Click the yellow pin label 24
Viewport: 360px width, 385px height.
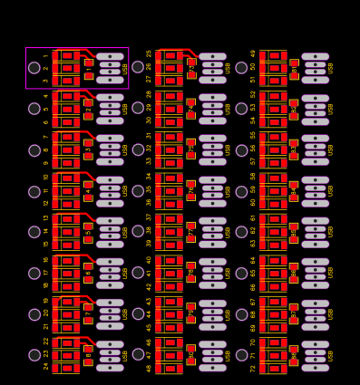tap(46, 366)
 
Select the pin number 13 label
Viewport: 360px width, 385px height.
tap(46, 217)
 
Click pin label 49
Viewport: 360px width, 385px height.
tap(254, 53)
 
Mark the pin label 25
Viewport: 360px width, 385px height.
tap(150, 53)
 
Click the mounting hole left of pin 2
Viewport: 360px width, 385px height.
tap(34, 68)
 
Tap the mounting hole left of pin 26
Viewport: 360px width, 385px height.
tap(138, 67)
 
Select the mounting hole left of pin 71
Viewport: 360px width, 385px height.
tap(241, 355)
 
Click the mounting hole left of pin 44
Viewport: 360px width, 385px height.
tap(138, 314)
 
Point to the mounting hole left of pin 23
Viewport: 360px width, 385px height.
tap(34, 355)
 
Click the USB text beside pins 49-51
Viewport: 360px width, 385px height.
tap(331, 68)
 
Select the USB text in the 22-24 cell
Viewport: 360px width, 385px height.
tap(125, 355)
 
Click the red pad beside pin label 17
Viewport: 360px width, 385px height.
tap(67, 273)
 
